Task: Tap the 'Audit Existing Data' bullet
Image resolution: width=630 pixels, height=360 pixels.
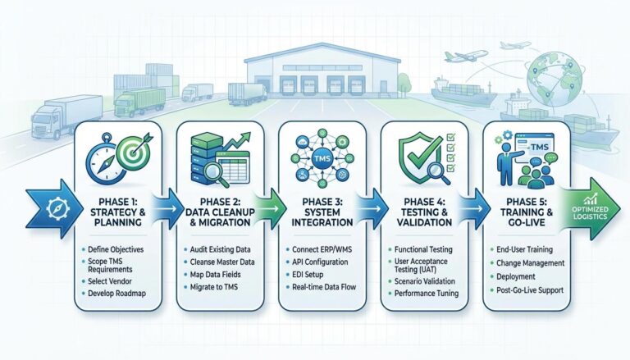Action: (221, 248)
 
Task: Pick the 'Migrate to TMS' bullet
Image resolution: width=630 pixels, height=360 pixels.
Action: (215, 294)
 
